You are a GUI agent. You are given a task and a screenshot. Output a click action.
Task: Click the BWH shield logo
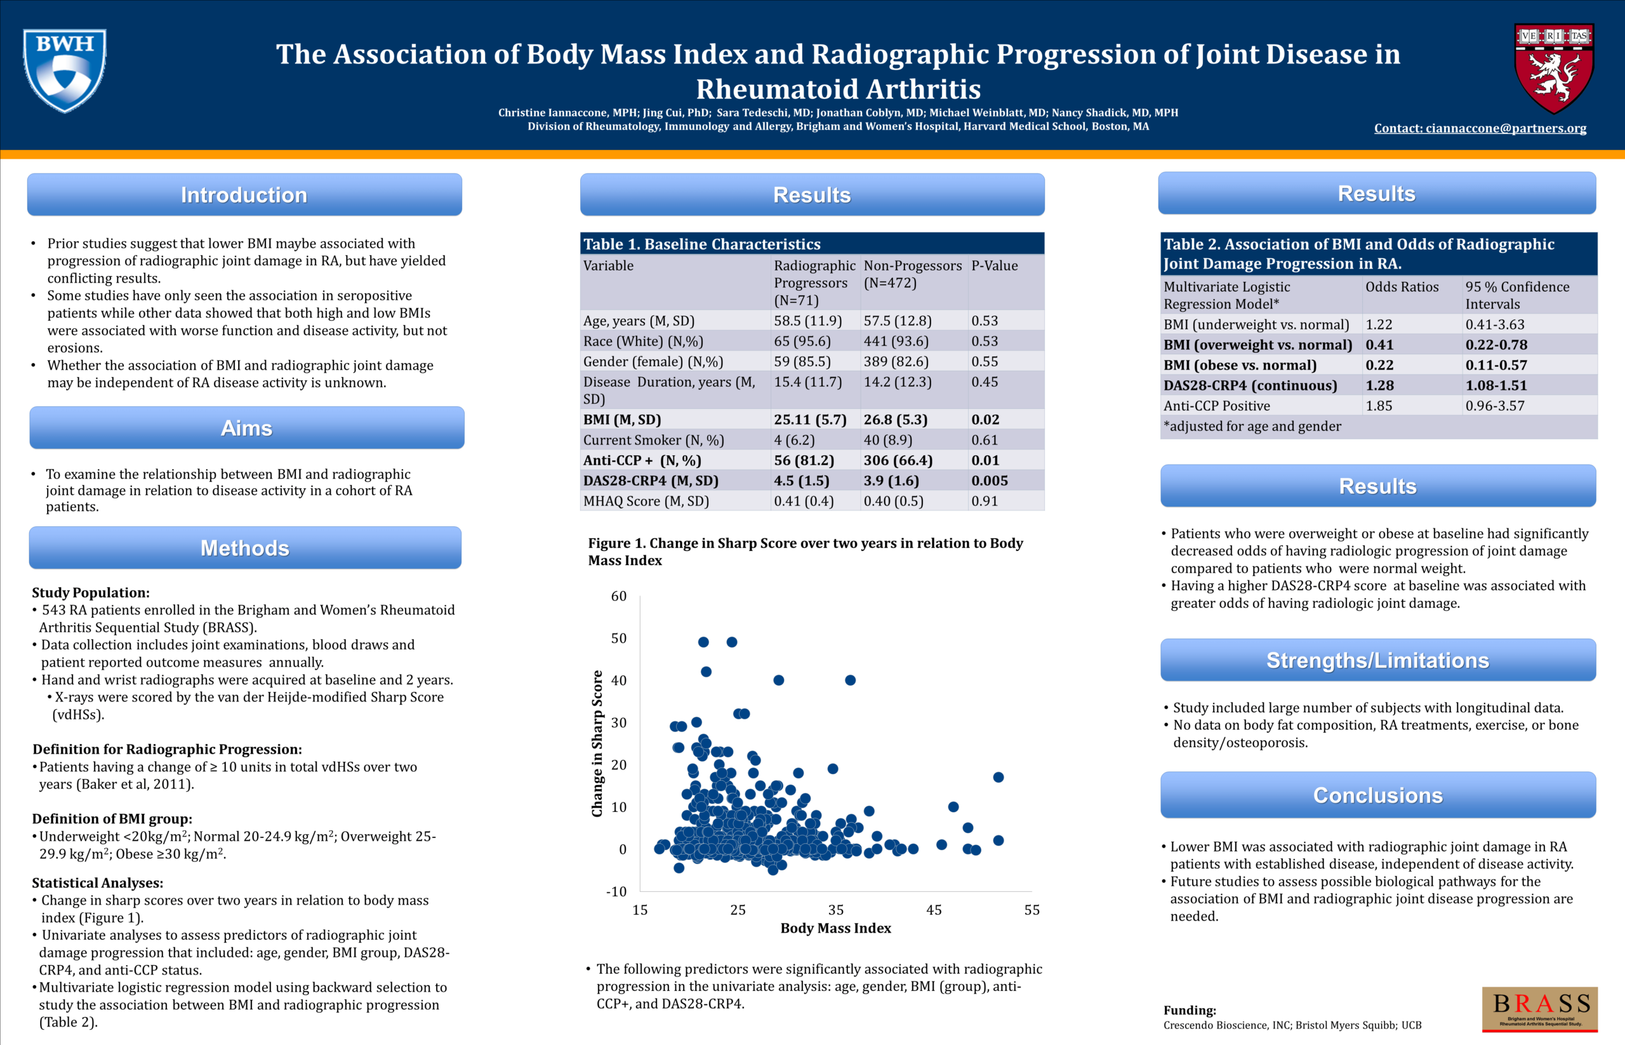(x=65, y=70)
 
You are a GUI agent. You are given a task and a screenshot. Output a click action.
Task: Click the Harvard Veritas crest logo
(x=1554, y=68)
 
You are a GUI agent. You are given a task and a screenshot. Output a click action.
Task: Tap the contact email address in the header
(x=1480, y=128)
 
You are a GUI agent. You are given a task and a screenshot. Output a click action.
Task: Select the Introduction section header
(x=244, y=195)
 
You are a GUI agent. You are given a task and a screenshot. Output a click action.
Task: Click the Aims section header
(x=247, y=428)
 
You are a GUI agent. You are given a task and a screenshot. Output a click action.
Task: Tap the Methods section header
(x=245, y=548)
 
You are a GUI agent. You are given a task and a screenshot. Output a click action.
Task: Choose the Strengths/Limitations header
(x=1377, y=660)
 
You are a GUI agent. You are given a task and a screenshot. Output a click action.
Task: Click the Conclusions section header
(x=1377, y=795)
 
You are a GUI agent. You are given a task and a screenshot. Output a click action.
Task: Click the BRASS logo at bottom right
(x=1539, y=1008)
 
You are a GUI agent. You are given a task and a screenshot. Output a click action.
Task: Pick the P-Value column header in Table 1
(x=994, y=266)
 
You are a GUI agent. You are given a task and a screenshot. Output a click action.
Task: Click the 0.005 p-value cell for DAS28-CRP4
(x=989, y=481)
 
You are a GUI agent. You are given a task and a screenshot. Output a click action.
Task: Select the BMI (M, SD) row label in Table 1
(x=622, y=420)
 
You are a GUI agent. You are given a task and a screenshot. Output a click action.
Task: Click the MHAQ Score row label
(x=646, y=501)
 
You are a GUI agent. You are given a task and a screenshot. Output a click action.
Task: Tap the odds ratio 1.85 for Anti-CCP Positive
(x=1379, y=406)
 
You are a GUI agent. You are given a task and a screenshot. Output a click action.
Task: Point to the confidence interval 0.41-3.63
(x=1495, y=324)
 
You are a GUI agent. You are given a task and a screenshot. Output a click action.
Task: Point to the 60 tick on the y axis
(x=619, y=596)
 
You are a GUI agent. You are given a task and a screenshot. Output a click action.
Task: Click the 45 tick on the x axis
(x=934, y=910)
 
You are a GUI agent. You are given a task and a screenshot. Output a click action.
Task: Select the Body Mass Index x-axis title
(x=835, y=928)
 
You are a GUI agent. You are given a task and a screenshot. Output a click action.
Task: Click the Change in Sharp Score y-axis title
(x=597, y=743)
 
